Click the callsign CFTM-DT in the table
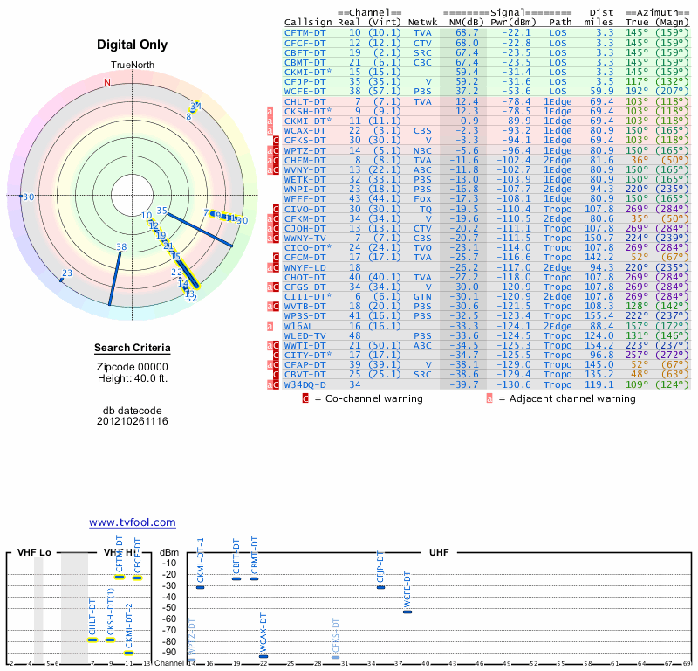click(x=305, y=32)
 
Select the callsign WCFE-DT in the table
click(x=305, y=91)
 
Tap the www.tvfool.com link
click(x=133, y=522)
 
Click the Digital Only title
click(x=133, y=45)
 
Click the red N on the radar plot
click(x=107, y=82)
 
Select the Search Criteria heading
click(x=132, y=349)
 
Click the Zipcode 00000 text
click(x=132, y=367)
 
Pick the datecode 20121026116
click(x=132, y=421)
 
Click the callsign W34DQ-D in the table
click(x=305, y=384)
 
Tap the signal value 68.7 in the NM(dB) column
click(x=466, y=32)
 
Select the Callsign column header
click(x=308, y=22)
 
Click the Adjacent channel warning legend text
click(x=567, y=399)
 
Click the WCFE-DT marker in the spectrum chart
click(x=407, y=612)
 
